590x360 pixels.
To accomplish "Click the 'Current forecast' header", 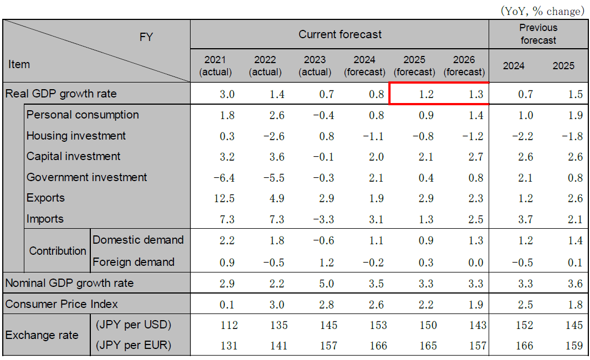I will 340,34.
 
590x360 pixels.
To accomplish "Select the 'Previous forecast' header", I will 538,34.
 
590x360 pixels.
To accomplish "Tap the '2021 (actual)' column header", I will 215,65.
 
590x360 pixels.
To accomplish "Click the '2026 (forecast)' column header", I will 464,65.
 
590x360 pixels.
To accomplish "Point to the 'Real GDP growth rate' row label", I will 61,94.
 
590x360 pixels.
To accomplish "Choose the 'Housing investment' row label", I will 76,136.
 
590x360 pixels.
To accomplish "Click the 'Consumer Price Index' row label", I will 61,304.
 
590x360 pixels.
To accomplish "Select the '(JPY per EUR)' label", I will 133,345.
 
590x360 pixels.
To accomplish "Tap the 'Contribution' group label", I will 58,251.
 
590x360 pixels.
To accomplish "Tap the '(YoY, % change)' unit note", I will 542,11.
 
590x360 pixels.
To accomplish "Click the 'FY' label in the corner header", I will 146,37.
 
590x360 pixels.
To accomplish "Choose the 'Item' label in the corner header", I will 19,64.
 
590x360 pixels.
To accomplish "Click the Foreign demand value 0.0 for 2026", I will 475,263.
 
